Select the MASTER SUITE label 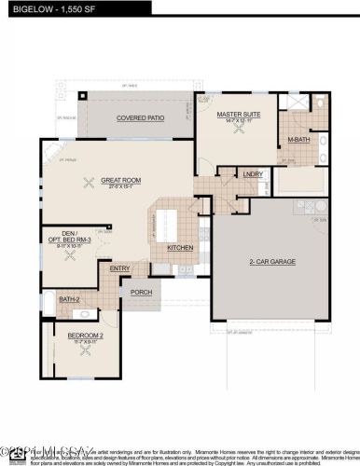237,115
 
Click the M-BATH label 298,140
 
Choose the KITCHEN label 180,248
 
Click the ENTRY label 120,269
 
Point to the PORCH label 141,292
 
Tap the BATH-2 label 69,299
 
